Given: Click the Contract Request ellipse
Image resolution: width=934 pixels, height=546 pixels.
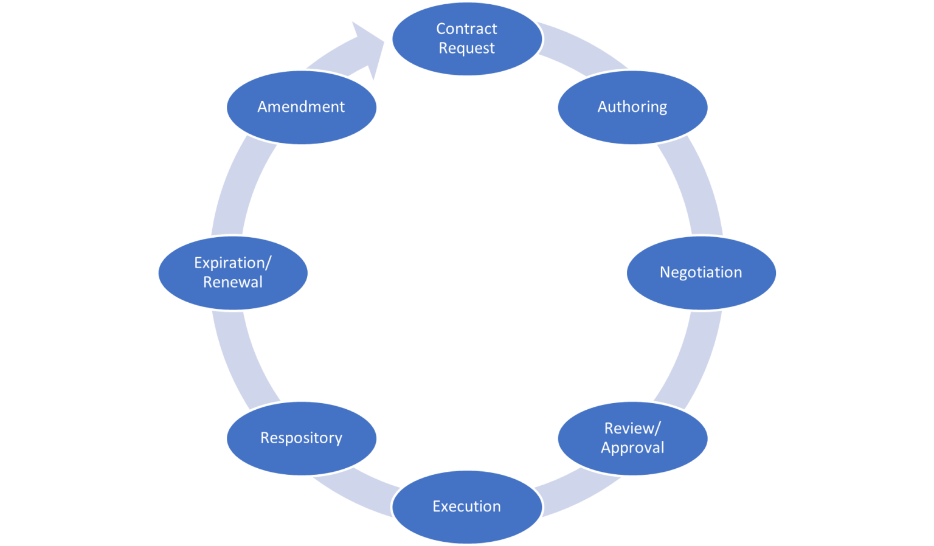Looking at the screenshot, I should click(466, 38).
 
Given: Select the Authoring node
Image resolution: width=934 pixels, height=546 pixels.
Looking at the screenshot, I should click(632, 107).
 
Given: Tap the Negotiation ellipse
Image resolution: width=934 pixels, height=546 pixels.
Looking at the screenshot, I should click(701, 272).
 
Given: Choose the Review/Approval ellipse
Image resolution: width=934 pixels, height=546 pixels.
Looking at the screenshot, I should click(632, 438).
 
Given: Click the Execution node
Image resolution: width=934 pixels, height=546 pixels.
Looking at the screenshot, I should click(466, 506).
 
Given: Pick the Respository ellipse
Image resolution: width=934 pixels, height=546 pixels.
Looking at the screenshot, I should click(301, 438).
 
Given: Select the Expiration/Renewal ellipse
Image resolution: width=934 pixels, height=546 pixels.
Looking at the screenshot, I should click(233, 272).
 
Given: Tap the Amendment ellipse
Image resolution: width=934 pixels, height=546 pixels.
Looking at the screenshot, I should click(301, 107).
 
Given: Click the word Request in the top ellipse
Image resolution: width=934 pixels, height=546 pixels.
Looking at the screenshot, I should click(466, 48).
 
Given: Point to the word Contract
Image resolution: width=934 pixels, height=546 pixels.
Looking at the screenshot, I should click(466, 29).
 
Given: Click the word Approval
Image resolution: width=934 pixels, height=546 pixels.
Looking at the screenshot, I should click(632, 448).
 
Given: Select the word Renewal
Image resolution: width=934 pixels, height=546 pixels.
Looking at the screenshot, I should click(233, 282).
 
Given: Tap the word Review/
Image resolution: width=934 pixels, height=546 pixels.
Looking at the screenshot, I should click(632, 428).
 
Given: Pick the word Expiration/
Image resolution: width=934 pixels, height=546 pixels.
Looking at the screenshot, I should click(233, 263).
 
